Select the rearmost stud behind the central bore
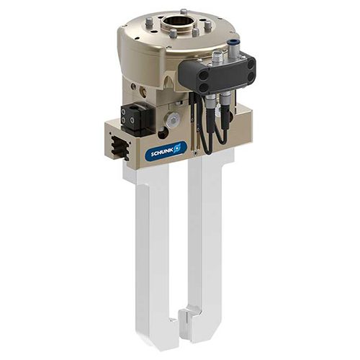point(184,12)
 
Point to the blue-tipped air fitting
point(233,48)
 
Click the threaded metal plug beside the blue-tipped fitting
point(217,57)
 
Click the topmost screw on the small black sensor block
point(124,112)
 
